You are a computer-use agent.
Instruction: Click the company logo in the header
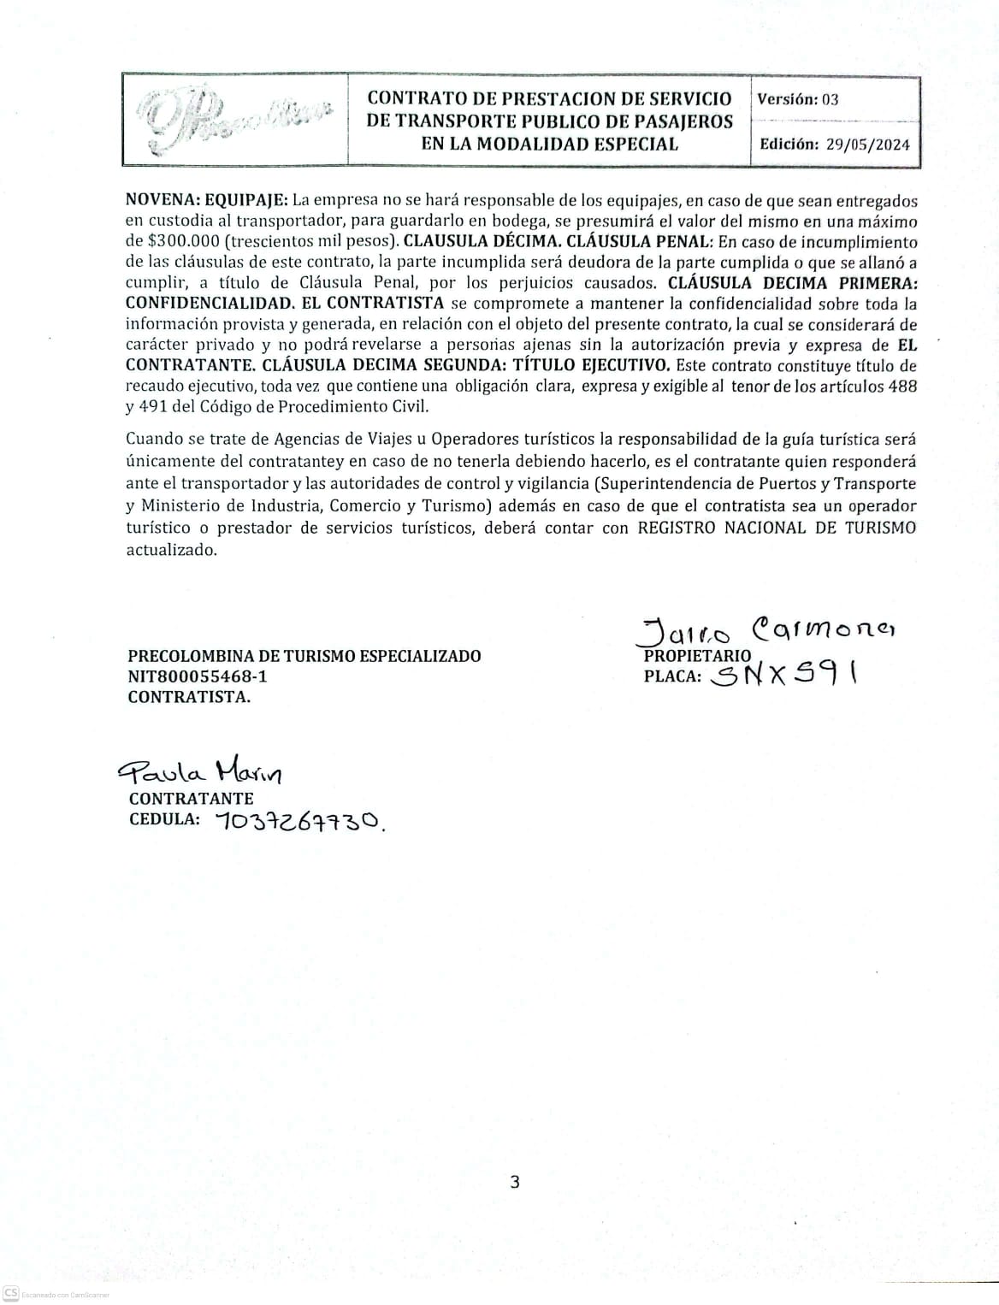pos(234,120)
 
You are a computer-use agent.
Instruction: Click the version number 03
pos(830,99)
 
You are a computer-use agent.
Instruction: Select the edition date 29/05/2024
pos(868,144)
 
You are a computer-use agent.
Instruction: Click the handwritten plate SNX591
pos(788,676)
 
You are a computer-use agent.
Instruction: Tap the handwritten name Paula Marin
pos(200,774)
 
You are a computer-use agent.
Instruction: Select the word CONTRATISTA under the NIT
pos(188,697)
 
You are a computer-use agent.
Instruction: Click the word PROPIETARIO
pos(697,656)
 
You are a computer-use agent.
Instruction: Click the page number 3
pos(514,1184)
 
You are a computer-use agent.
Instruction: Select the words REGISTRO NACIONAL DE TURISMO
pos(777,528)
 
